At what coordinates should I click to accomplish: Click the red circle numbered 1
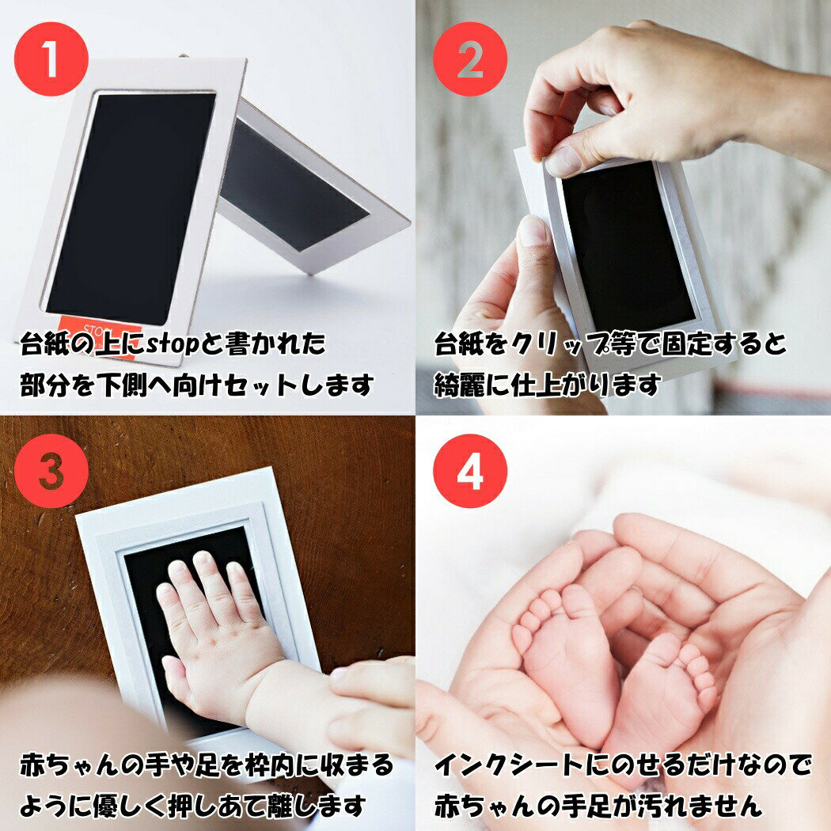tap(51, 59)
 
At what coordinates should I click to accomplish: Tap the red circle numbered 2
tap(470, 59)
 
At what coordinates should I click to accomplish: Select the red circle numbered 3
tap(51, 471)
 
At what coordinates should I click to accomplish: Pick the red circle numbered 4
tap(470, 471)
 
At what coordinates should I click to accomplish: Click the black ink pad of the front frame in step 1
tap(131, 208)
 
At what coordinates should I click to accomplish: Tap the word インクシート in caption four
tap(508, 766)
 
